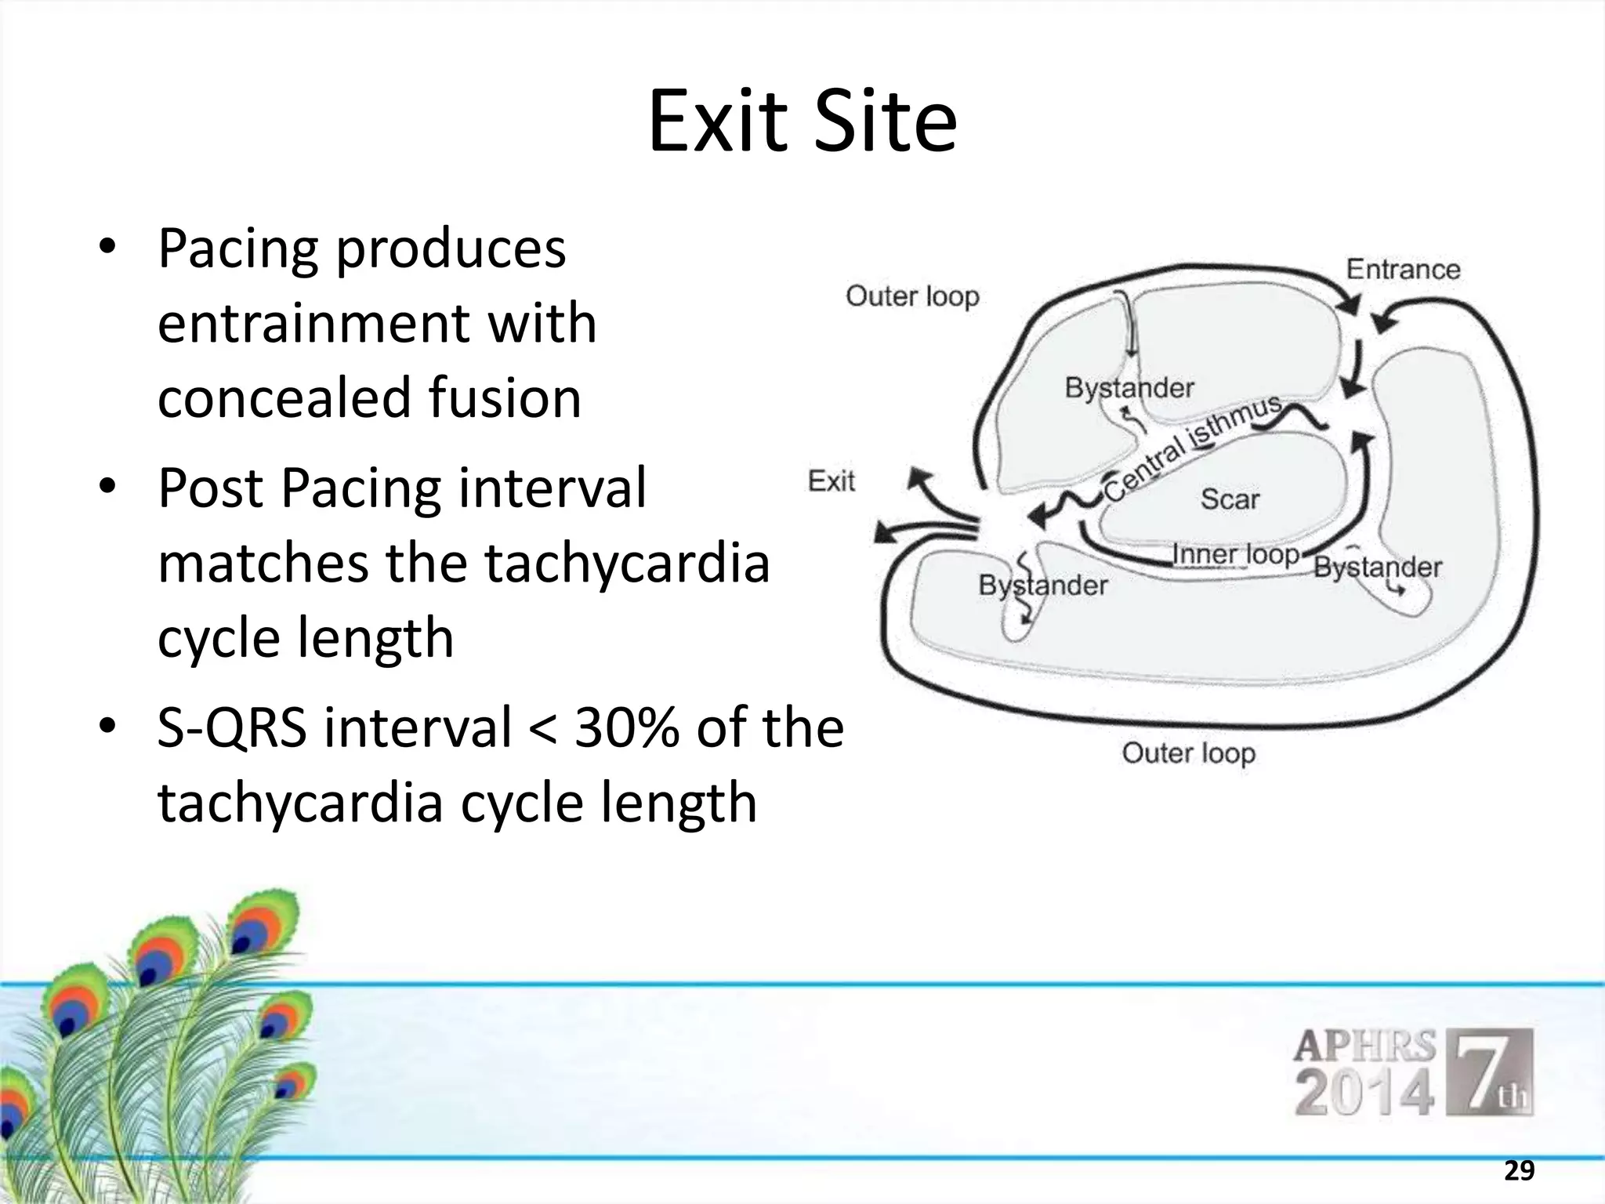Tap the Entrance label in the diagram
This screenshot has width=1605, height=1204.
tap(1403, 270)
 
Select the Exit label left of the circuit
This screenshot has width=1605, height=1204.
tap(831, 481)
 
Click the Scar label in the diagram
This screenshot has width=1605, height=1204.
tap(1230, 499)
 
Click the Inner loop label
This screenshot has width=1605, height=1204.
tap(1235, 554)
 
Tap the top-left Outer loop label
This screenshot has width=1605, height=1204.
tap(912, 296)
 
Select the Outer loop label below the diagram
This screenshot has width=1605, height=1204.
tap(1188, 752)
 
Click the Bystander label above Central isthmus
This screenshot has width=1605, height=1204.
tap(1129, 387)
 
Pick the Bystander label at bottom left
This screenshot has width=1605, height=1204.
tap(1042, 585)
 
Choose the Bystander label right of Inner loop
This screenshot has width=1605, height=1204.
tap(1377, 567)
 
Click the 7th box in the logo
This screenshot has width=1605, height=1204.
tap(1488, 1072)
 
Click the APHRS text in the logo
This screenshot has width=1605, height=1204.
tap(1364, 1046)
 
